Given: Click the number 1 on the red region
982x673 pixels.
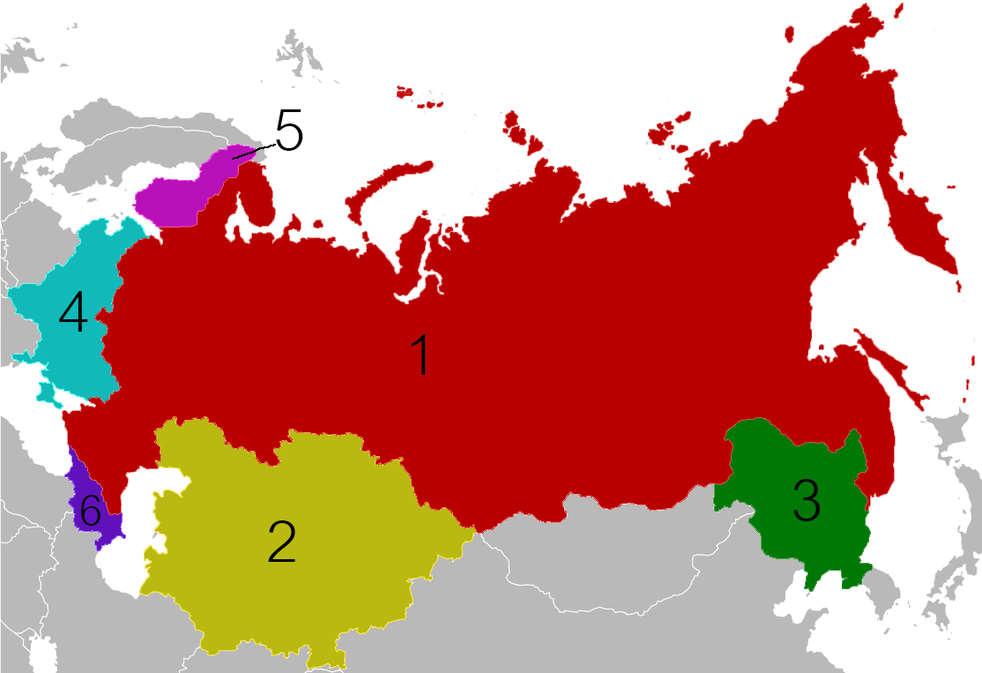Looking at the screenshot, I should (x=422, y=356).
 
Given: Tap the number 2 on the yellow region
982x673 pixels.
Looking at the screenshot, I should (x=281, y=541).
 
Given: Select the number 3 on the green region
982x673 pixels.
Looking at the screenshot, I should (x=806, y=500).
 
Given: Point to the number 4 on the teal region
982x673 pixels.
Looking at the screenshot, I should (x=73, y=312).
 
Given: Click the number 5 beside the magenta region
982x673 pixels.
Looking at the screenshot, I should (x=288, y=131).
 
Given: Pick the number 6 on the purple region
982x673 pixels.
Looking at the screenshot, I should (x=89, y=510).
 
